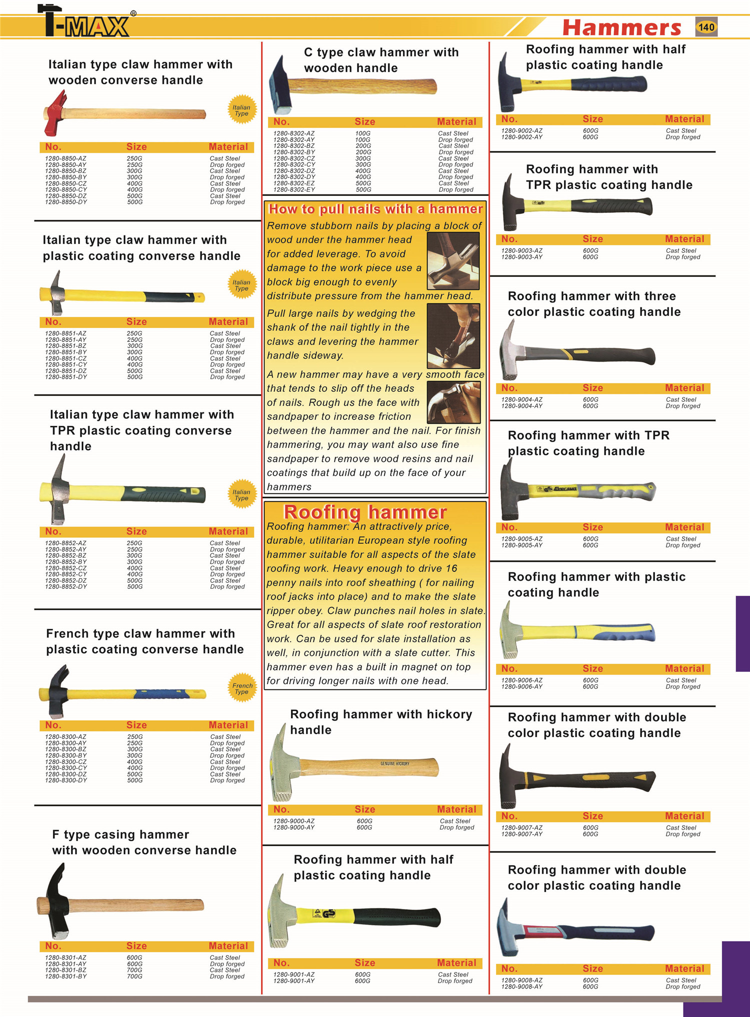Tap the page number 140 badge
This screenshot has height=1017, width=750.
pyautogui.click(x=706, y=27)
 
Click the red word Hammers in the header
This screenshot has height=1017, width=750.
pyautogui.click(x=621, y=27)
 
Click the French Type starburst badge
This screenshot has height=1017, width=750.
pyautogui.click(x=242, y=689)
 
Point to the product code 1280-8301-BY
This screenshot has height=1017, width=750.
pyautogui.click(x=65, y=976)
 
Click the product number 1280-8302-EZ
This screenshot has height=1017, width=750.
pyautogui.click(x=293, y=183)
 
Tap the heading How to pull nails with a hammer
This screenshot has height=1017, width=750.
pyautogui.click(x=375, y=209)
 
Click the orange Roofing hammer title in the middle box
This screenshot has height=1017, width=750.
pyautogui.click(x=365, y=512)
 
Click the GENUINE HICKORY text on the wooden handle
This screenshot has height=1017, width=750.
pyautogui.click(x=394, y=764)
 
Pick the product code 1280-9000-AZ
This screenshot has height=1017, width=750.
pyautogui.click(x=293, y=821)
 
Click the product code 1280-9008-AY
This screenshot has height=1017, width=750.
pyautogui.click(x=521, y=987)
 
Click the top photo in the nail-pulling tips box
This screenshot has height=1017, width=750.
pyautogui.click(x=453, y=260)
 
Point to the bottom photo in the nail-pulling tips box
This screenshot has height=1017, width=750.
pyautogui.click(x=453, y=402)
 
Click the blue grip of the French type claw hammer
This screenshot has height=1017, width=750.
pyautogui.click(x=160, y=694)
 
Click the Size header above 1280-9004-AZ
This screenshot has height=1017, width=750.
pyautogui.click(x=592, y=388)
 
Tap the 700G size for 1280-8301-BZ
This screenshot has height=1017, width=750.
pyautogui.click(x=134, y=970)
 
